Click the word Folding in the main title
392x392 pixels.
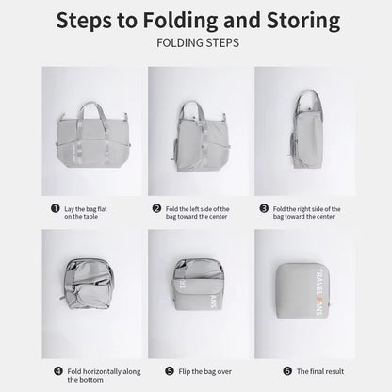point(180,22)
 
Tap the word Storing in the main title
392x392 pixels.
point(303,21)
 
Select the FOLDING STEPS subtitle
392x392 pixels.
point(198,42)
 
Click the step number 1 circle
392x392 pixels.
point(56,208)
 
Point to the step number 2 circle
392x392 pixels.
point(156,208)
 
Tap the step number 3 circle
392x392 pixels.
point(264,208)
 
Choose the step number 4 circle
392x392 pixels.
point(58,371)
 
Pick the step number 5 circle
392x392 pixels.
point(170,371)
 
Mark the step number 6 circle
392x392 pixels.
point(287,371)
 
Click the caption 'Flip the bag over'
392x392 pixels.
point(204,371)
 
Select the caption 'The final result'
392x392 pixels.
point(320,371)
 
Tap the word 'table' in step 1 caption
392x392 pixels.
point(90,217)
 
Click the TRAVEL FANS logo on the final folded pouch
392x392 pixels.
point(318,291)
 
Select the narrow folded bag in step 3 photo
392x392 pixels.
point(306,129)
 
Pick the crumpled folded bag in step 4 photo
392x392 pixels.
point(87,284)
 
